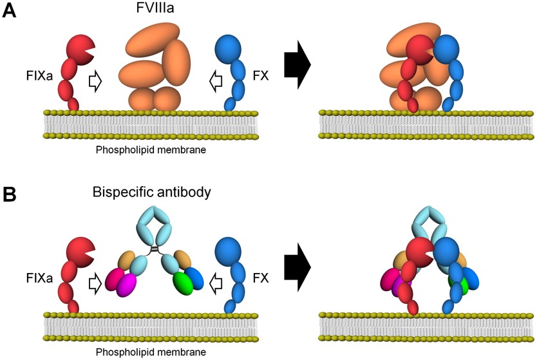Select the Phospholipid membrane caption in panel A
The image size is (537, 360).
(x=151, y=149)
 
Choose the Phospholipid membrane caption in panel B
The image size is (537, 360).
(x=151, y=352)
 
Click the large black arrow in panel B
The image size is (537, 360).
(x=297, y=265)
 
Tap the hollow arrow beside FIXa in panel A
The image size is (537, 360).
(x=95, y=82)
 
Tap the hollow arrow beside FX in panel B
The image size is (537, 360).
(x=216, y=281)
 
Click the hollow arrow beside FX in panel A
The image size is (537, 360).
(x=216, y=82)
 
